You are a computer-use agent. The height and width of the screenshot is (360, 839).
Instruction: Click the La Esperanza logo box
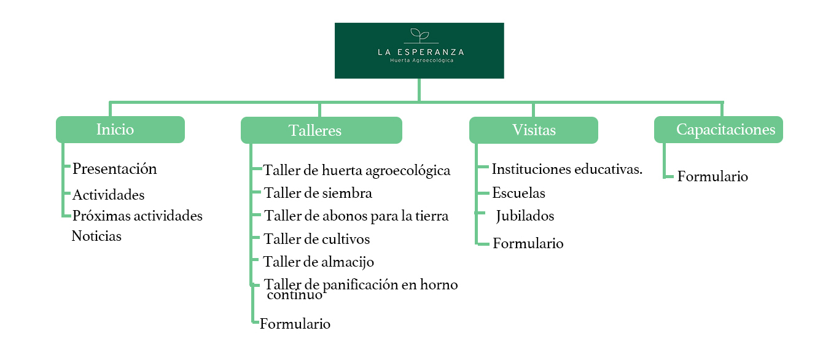click(419, 50)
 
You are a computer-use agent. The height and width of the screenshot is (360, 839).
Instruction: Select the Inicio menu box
click(120, 130)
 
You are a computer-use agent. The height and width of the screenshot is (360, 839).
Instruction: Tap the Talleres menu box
click(321, 130)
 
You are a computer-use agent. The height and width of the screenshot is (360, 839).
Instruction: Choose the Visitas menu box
click(533, 130)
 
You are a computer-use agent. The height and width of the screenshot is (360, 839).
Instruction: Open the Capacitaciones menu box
click(718, 130)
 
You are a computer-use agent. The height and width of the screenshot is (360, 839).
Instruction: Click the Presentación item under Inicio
click(115, 169)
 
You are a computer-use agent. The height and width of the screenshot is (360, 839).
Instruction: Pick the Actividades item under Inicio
click(109, 195)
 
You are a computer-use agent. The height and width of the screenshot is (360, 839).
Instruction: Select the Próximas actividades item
click(138, 216)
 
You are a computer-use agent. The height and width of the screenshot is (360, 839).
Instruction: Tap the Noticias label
click(96, 236)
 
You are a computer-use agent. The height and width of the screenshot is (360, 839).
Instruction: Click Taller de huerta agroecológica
click(357, 170)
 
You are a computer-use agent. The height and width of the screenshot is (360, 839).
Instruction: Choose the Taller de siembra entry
click(318, 193)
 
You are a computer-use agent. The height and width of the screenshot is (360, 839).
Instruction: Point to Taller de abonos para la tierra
click(356, 216)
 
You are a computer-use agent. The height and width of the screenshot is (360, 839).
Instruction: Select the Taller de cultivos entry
click(317, 238)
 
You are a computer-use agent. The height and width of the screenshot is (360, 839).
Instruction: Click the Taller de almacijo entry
click(319, 262)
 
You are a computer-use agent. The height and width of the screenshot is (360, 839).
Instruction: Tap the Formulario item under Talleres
click(295, 324)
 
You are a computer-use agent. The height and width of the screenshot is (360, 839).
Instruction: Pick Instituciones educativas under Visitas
click(567, 170)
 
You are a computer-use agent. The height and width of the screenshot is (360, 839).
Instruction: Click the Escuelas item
click(518, 193)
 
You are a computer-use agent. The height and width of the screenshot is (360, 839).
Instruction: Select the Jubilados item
click(525, 216)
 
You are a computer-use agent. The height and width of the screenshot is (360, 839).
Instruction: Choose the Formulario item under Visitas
click(528, 243)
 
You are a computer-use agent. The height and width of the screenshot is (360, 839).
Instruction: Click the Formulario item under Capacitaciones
click(712, 177)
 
